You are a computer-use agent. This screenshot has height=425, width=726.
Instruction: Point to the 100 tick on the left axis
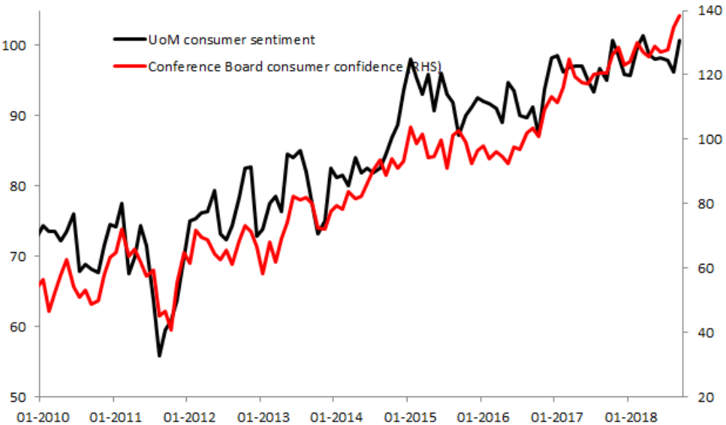click(18, 45)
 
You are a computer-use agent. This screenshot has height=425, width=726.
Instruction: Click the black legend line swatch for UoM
click(129, 39)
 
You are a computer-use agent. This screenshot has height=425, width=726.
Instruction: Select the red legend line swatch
click(129, 66)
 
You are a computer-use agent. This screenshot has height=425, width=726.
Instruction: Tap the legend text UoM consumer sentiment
click(231, 39)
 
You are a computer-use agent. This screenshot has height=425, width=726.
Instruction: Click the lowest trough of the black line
click(160, 356)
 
